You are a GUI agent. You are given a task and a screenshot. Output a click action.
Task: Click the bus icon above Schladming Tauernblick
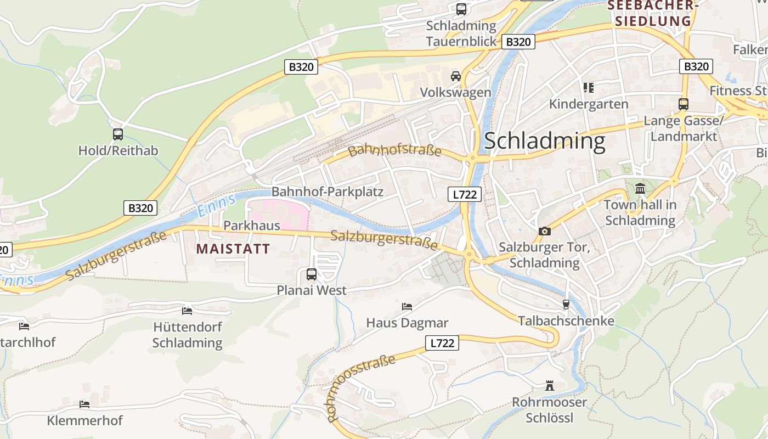tap(461, 9)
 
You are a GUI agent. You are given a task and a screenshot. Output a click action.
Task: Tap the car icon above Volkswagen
tap(455, 76)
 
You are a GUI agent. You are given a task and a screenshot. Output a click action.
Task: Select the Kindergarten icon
tap(589, 87)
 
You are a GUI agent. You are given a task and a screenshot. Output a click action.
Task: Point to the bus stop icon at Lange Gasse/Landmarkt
tap(683, 104)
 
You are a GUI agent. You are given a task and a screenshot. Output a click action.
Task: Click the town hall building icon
tap(640, 189)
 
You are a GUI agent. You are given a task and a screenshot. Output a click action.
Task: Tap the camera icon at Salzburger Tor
tap(544, 231)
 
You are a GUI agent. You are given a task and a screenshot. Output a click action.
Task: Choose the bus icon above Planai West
tap(311, 274)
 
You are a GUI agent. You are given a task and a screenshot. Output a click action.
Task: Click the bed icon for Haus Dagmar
tap(406, 306)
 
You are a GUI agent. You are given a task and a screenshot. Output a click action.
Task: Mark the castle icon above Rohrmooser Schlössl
tap(549, 386)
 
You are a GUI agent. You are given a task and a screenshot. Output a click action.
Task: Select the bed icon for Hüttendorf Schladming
tap(187, 311)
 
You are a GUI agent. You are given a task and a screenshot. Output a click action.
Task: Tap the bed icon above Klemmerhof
tap(84, 404)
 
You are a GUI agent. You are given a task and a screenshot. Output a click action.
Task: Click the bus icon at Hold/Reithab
tap(117, 134)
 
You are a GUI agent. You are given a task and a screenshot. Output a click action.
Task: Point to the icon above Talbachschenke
tap(566, 305)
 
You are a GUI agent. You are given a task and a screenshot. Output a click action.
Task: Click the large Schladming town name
tap(545, 141)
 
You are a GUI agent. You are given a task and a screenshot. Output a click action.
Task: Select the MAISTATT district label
tap(233, 249)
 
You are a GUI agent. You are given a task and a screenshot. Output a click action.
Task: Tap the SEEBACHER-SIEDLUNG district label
tap(652, 14)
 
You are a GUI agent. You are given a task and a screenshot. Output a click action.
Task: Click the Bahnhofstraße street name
tap(394, 149)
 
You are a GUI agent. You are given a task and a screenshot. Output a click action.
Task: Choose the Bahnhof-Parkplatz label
tap(327, 192)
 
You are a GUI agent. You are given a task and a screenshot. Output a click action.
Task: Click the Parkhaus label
tap(251, 225)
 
